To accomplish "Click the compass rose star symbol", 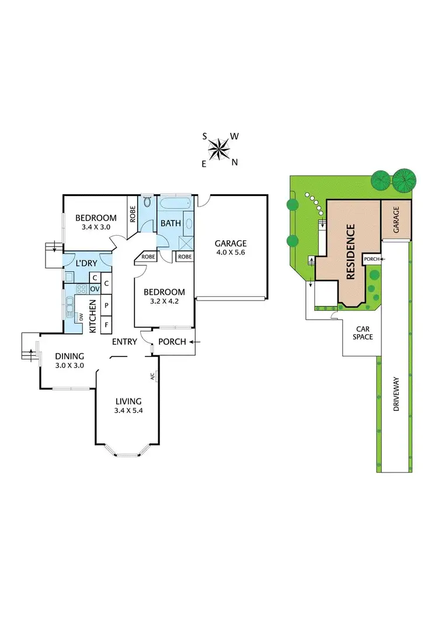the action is [x=219, y=149].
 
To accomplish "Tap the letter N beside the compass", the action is [x=235, y=163].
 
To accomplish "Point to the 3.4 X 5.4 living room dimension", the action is [x=128, y=411].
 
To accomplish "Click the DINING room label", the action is [x=70, y=356].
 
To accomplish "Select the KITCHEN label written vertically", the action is [x=92, y=316].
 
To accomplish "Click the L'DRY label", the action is [x=86, y=264].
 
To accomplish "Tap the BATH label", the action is [x=171, y=223].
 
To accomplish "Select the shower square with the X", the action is [x=185, y=243].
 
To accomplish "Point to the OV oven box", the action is [x=93, y=289].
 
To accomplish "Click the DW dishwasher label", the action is [x=82, y=317].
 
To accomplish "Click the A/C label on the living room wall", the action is [x=152, y=376].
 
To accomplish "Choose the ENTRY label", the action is [x=125, y=342].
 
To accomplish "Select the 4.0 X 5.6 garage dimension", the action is [x=231, y=254].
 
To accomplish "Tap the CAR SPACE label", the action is [x=363, y=333].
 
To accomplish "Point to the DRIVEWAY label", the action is [x=397, y=396].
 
